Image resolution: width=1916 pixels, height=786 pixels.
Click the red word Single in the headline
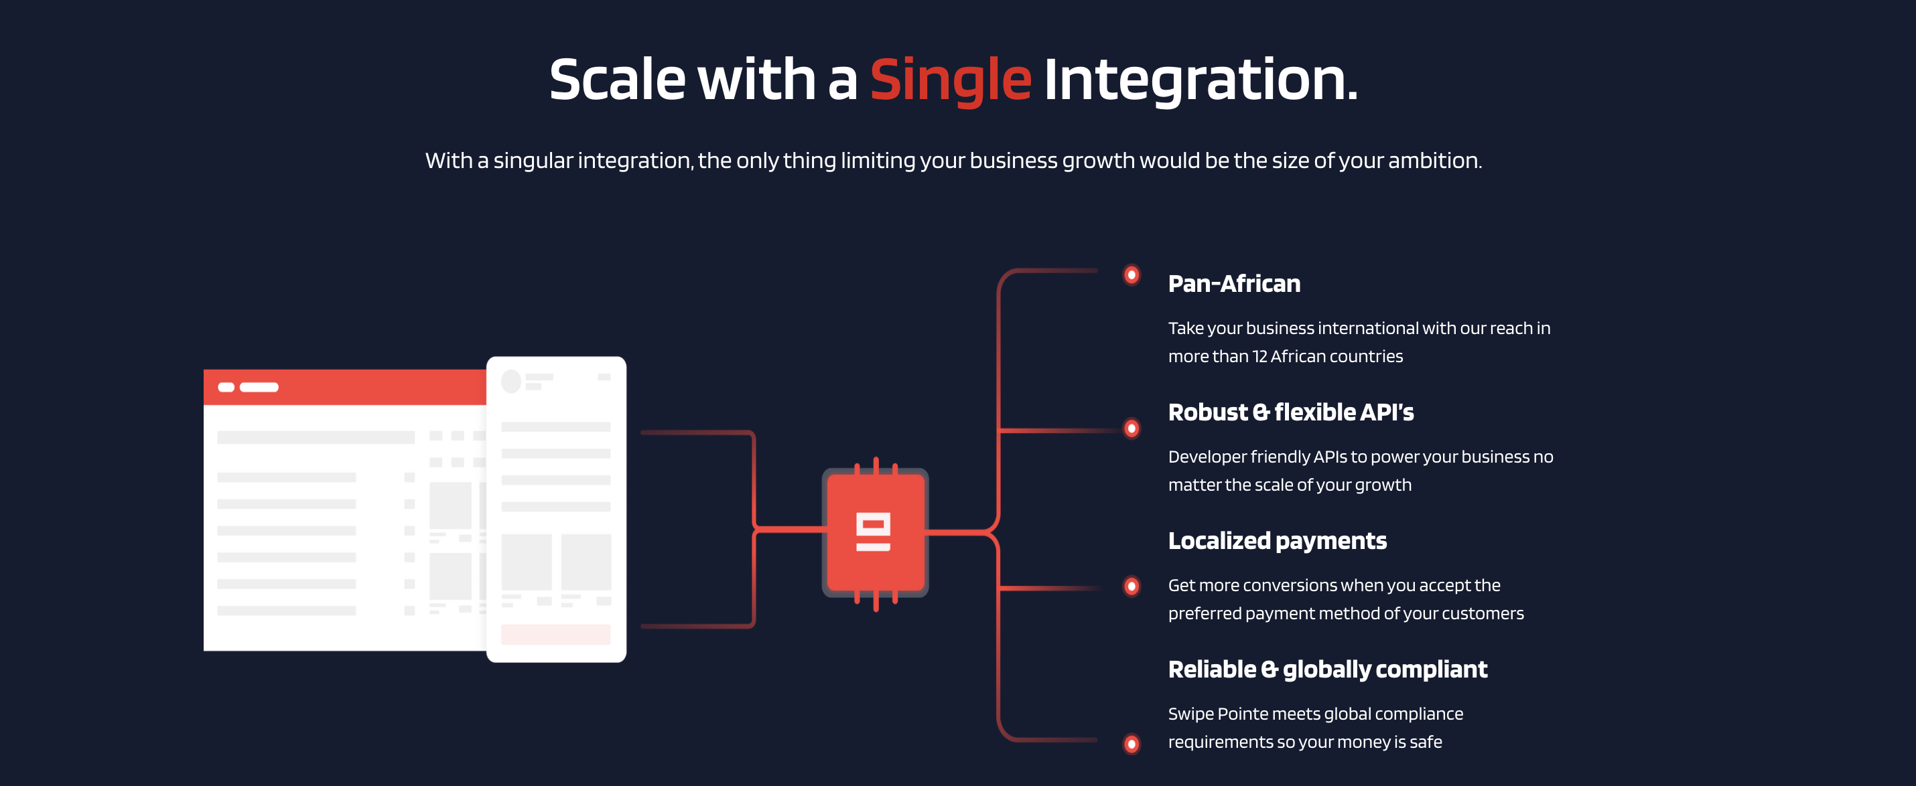pyautogui.click(x=951, y=80)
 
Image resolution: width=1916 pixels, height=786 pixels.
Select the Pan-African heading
pyautogui.click(x=1234, y=283)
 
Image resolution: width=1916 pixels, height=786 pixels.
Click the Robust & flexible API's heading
pyautogui.click(x=1290, y=412)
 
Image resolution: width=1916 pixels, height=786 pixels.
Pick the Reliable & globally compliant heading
pyautogui.click(x=1328, y=670)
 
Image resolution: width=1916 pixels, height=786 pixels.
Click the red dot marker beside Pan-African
pyautogui.click(x=1132, y=275)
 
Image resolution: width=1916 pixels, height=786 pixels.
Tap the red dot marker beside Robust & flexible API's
pyautogui.click(x=1132, y=428)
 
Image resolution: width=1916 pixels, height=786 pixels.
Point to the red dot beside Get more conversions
pyautogui.click(x=1132, y=586)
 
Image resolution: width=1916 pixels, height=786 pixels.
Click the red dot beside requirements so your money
pyautogui.click(x=1132, y=744)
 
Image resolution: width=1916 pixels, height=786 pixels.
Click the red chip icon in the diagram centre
pyautogui.click(x=876, y=532)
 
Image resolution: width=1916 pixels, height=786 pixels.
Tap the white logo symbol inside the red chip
pyautogui.click(x=873, y=532)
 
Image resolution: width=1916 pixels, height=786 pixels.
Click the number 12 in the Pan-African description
pyautogui.click(x=1259, y=357)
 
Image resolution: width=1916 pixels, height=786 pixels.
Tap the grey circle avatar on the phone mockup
pyautogui.click(x=511, y=382)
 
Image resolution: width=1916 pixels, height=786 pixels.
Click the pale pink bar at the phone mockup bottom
pyautogui.click(x=555, y=634)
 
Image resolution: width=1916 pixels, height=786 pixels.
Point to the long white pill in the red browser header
pyautogui.click(x=259, y=387)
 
